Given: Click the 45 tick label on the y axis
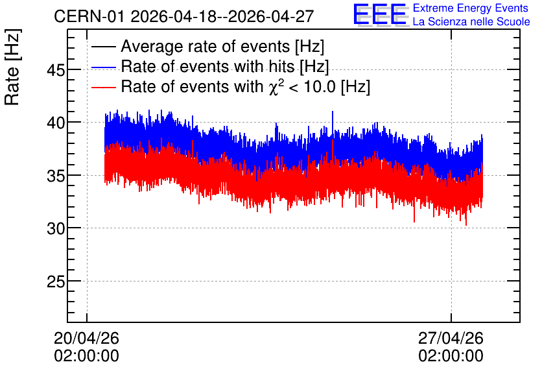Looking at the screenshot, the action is pos(56,71).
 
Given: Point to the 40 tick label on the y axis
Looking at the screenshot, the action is pos(56,123).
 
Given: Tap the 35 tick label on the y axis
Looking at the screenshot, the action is pos(56,176).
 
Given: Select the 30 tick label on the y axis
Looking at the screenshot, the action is pos(56,228).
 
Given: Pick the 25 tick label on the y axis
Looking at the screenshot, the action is pos(56,281).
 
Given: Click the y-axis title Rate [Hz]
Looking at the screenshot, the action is pos(12,67).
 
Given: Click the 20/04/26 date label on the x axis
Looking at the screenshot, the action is pos(86,338).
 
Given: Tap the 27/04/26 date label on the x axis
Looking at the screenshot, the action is pos(451,338).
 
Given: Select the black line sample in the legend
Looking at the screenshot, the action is pos(104,46).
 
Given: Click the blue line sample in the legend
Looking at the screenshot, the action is pos(104,67).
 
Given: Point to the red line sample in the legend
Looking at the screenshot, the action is pos(104,87).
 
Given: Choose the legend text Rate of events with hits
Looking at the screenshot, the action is pos(207,66).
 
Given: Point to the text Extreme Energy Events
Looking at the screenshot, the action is pos(471,8).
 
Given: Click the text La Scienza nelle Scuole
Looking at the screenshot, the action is pos(471,21).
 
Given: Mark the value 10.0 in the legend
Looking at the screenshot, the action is pos(320,86).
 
